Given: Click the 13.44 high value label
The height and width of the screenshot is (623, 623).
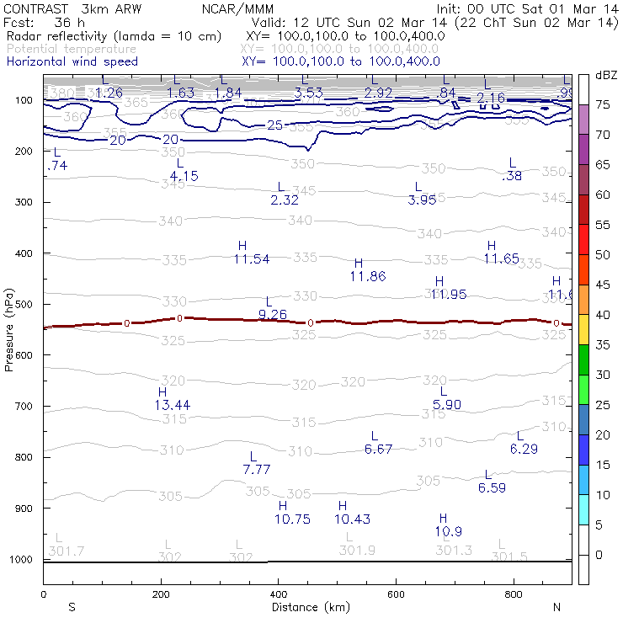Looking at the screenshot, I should point(172,405).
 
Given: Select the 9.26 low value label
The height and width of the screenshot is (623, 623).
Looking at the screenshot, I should point(273,314).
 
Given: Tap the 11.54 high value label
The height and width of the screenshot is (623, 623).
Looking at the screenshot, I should point(251,259).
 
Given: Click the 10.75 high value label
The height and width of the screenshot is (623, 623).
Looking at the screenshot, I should point(292,519).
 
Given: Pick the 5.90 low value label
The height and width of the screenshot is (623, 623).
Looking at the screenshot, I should point(446,404).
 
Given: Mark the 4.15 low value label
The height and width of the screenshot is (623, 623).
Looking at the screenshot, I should point(184,176).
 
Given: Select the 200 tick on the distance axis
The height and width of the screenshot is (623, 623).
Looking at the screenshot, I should point(161,594).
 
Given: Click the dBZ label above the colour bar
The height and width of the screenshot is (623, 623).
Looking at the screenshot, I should point(606,75).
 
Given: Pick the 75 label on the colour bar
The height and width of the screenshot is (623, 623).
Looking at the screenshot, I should point(603,104).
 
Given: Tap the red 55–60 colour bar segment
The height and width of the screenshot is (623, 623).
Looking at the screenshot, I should point(583,209).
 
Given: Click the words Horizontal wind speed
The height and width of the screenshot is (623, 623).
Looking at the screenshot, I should point(72,61).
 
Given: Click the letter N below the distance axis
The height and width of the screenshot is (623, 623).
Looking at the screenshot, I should point(556,607).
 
